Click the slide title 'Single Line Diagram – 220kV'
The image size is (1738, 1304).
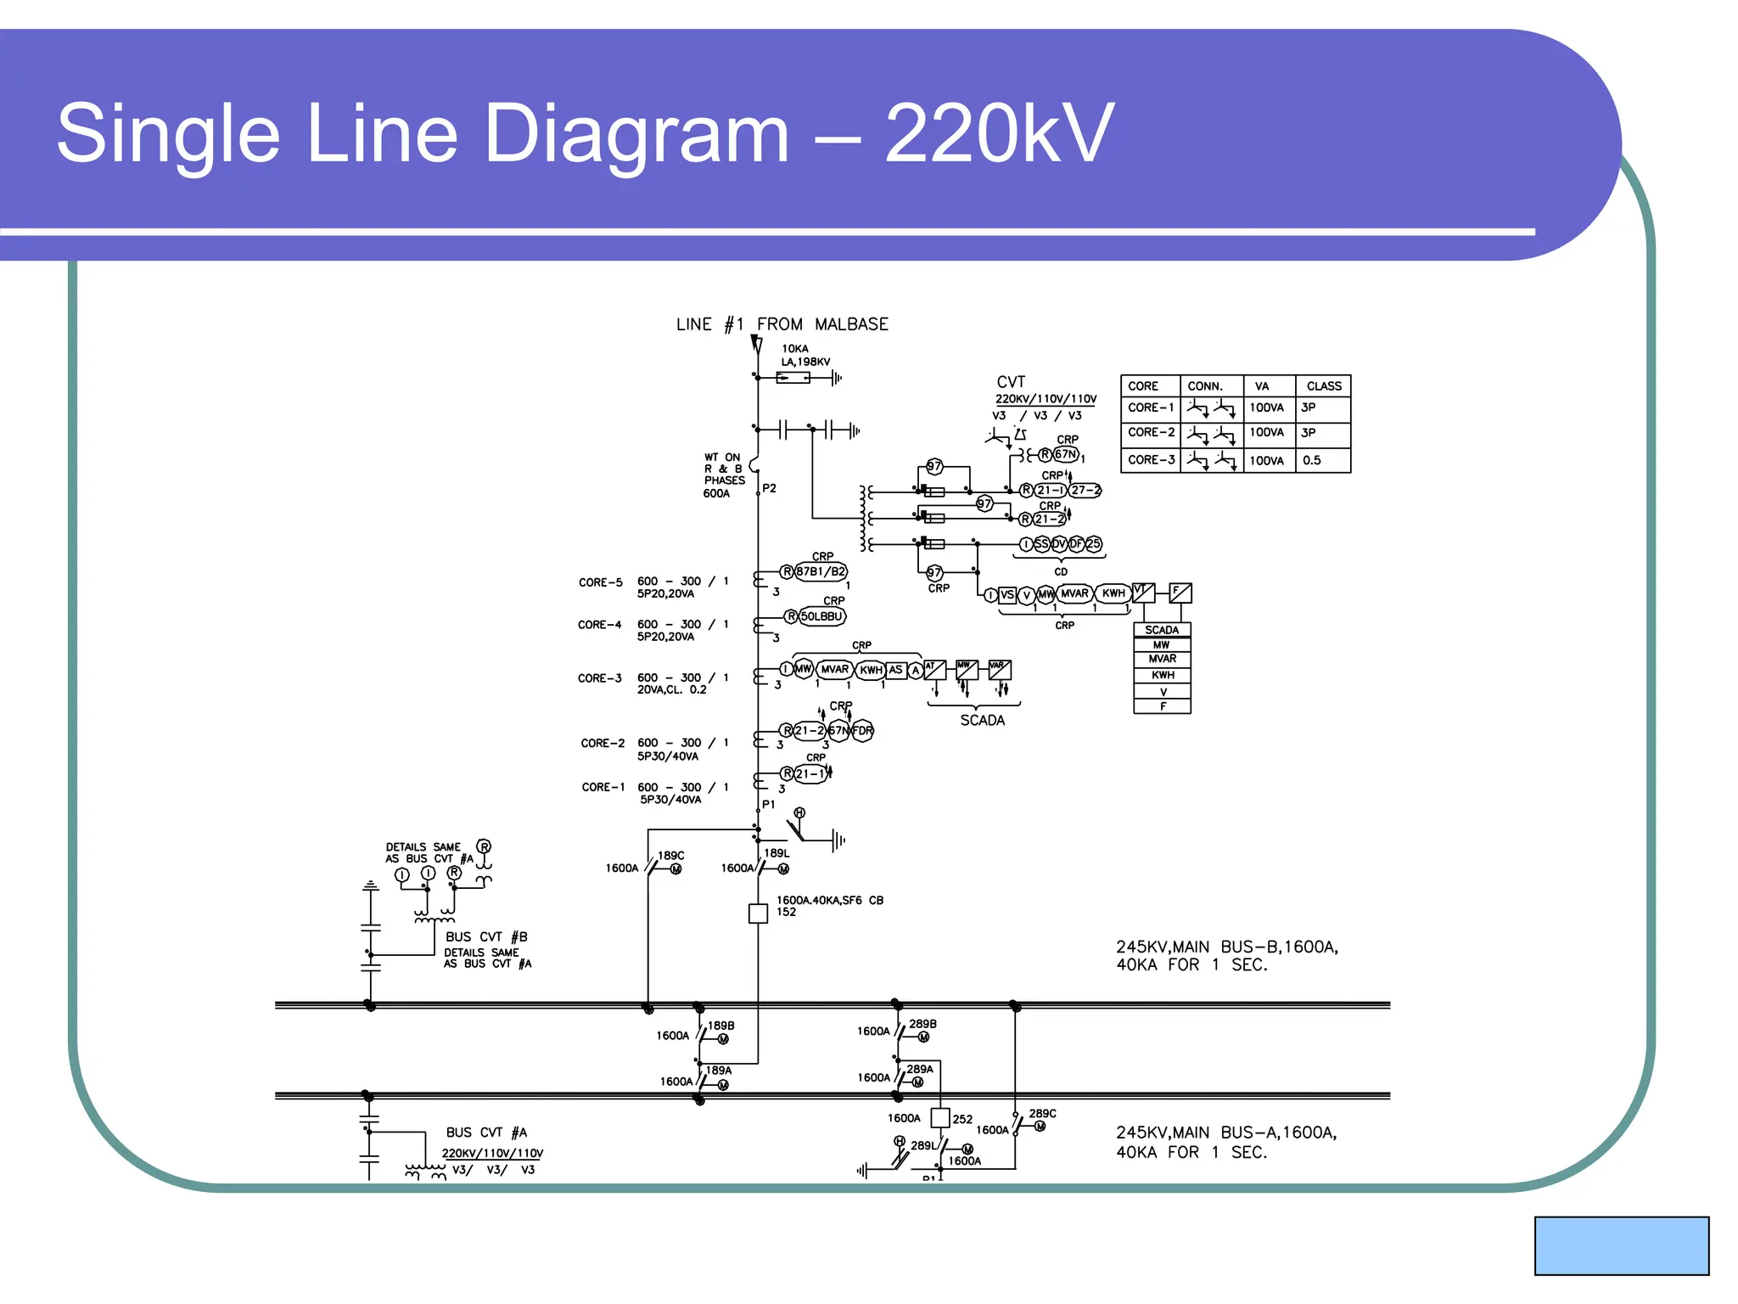click(585, 133)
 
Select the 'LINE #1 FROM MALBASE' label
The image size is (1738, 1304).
click(782, 324)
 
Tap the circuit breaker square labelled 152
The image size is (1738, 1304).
click(758, 913)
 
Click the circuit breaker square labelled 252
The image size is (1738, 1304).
click(940, 1118)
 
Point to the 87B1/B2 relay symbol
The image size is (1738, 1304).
click(820, 571)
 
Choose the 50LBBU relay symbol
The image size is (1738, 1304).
click(821, 616)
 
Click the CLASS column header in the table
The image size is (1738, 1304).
click(1323, 386)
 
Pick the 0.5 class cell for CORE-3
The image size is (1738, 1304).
click(1312, 460)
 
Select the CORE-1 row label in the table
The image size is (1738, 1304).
click(1151, 407)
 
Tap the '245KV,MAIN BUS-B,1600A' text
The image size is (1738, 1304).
click(1226, 947)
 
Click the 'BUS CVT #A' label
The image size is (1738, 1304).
click(486, 1133)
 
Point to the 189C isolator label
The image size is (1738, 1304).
click(670, 856)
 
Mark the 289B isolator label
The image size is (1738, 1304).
click(922, 1024)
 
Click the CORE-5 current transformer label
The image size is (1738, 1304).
click(600, 582)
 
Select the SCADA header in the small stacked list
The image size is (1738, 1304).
click(1162, 630)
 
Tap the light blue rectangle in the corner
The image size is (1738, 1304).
click(1621, 1245)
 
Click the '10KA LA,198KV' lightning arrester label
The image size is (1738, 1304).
click(805, 355)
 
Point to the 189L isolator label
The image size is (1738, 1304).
click(776, 853)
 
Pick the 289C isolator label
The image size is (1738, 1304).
click(1042, 1113)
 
